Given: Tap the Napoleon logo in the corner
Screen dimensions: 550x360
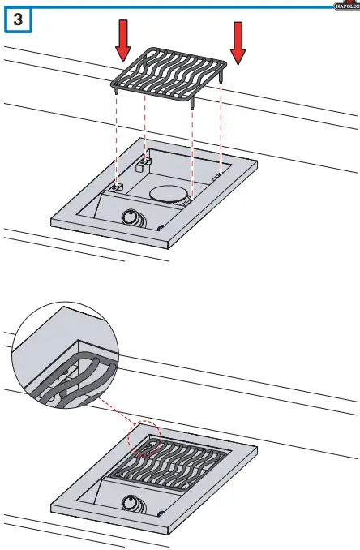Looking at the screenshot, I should click(x=346, y=6).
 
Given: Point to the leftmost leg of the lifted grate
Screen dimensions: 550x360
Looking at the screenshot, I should click(x=118, y=92).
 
